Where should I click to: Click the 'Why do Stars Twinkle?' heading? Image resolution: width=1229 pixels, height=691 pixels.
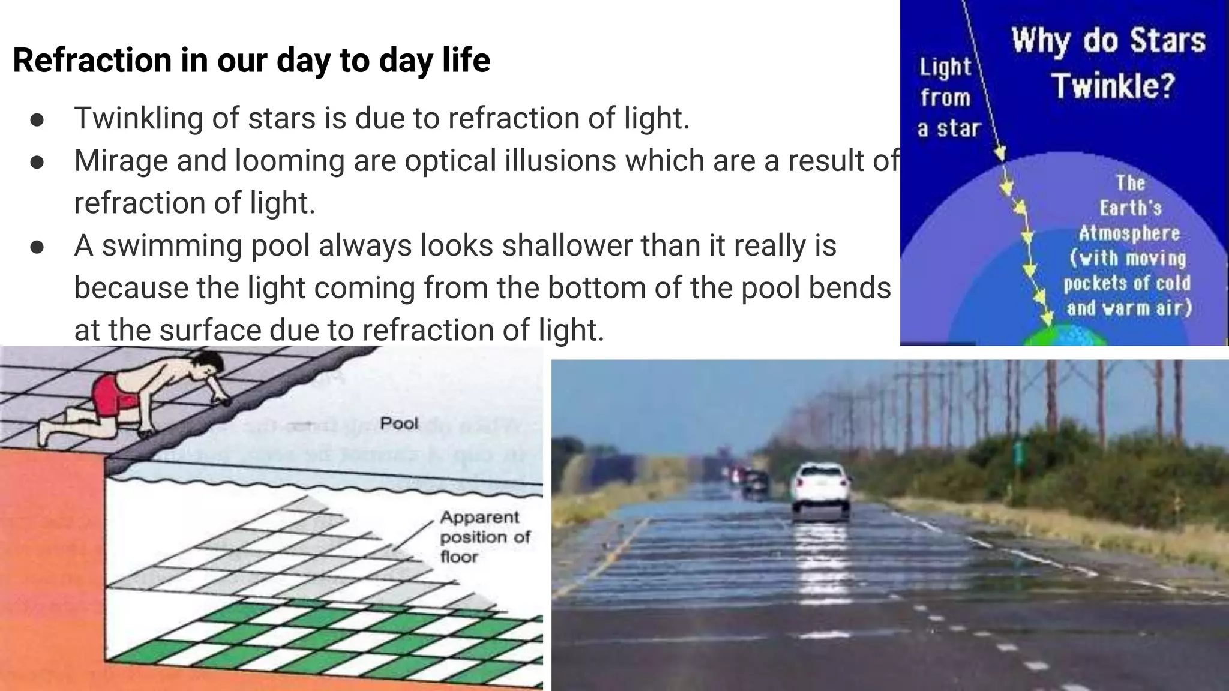[1109, 63]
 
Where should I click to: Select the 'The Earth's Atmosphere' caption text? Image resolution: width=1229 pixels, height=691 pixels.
[1129, 208]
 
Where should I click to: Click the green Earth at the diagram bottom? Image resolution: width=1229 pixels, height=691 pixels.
[1065, 336]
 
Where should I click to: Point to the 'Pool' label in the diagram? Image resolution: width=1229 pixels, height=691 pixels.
[399, 423]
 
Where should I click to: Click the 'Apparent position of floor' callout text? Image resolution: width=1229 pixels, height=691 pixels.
[485, 537]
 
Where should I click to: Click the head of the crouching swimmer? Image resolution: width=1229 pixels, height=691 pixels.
[208, 363]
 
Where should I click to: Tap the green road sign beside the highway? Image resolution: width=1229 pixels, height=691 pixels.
[1018, 453]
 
